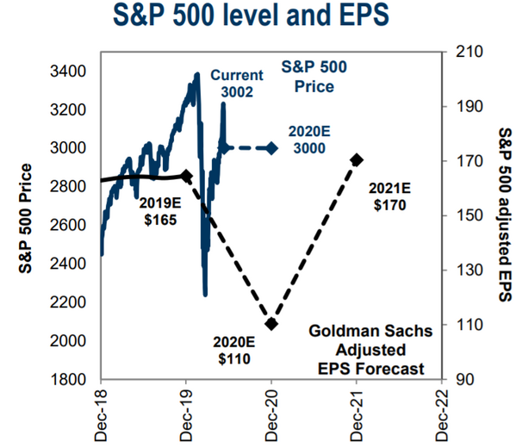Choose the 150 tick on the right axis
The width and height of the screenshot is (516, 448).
462,215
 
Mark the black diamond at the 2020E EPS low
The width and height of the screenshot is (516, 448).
271,324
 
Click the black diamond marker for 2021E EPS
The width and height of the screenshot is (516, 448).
357,160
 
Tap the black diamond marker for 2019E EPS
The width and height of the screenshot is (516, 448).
186,175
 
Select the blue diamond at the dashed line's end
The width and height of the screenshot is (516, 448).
271,148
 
